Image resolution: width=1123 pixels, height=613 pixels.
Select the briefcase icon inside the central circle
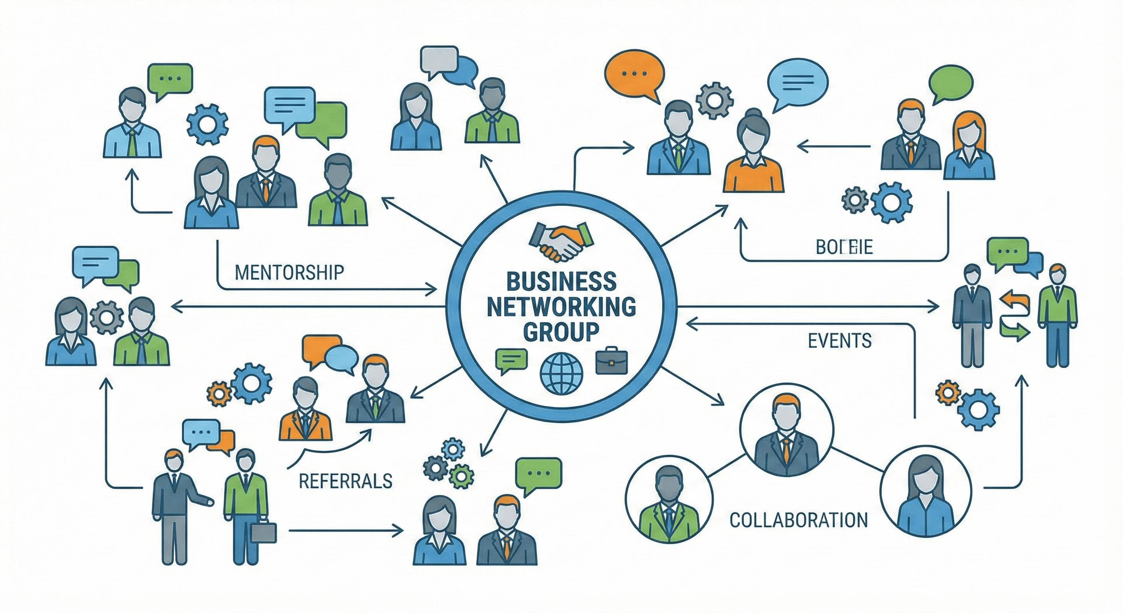coord(612,361)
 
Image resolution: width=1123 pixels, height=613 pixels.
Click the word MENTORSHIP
coord(289,272)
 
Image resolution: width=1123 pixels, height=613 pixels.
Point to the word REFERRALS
coord(345,481)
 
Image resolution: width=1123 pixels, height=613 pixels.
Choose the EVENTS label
coord(839,340)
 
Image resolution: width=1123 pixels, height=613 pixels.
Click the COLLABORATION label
coord(798,520)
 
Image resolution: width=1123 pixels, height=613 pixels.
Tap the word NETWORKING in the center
coord(561,307)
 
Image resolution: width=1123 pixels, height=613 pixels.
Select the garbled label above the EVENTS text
coord(844,247)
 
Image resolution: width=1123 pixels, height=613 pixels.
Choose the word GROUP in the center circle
coord(561,332)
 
